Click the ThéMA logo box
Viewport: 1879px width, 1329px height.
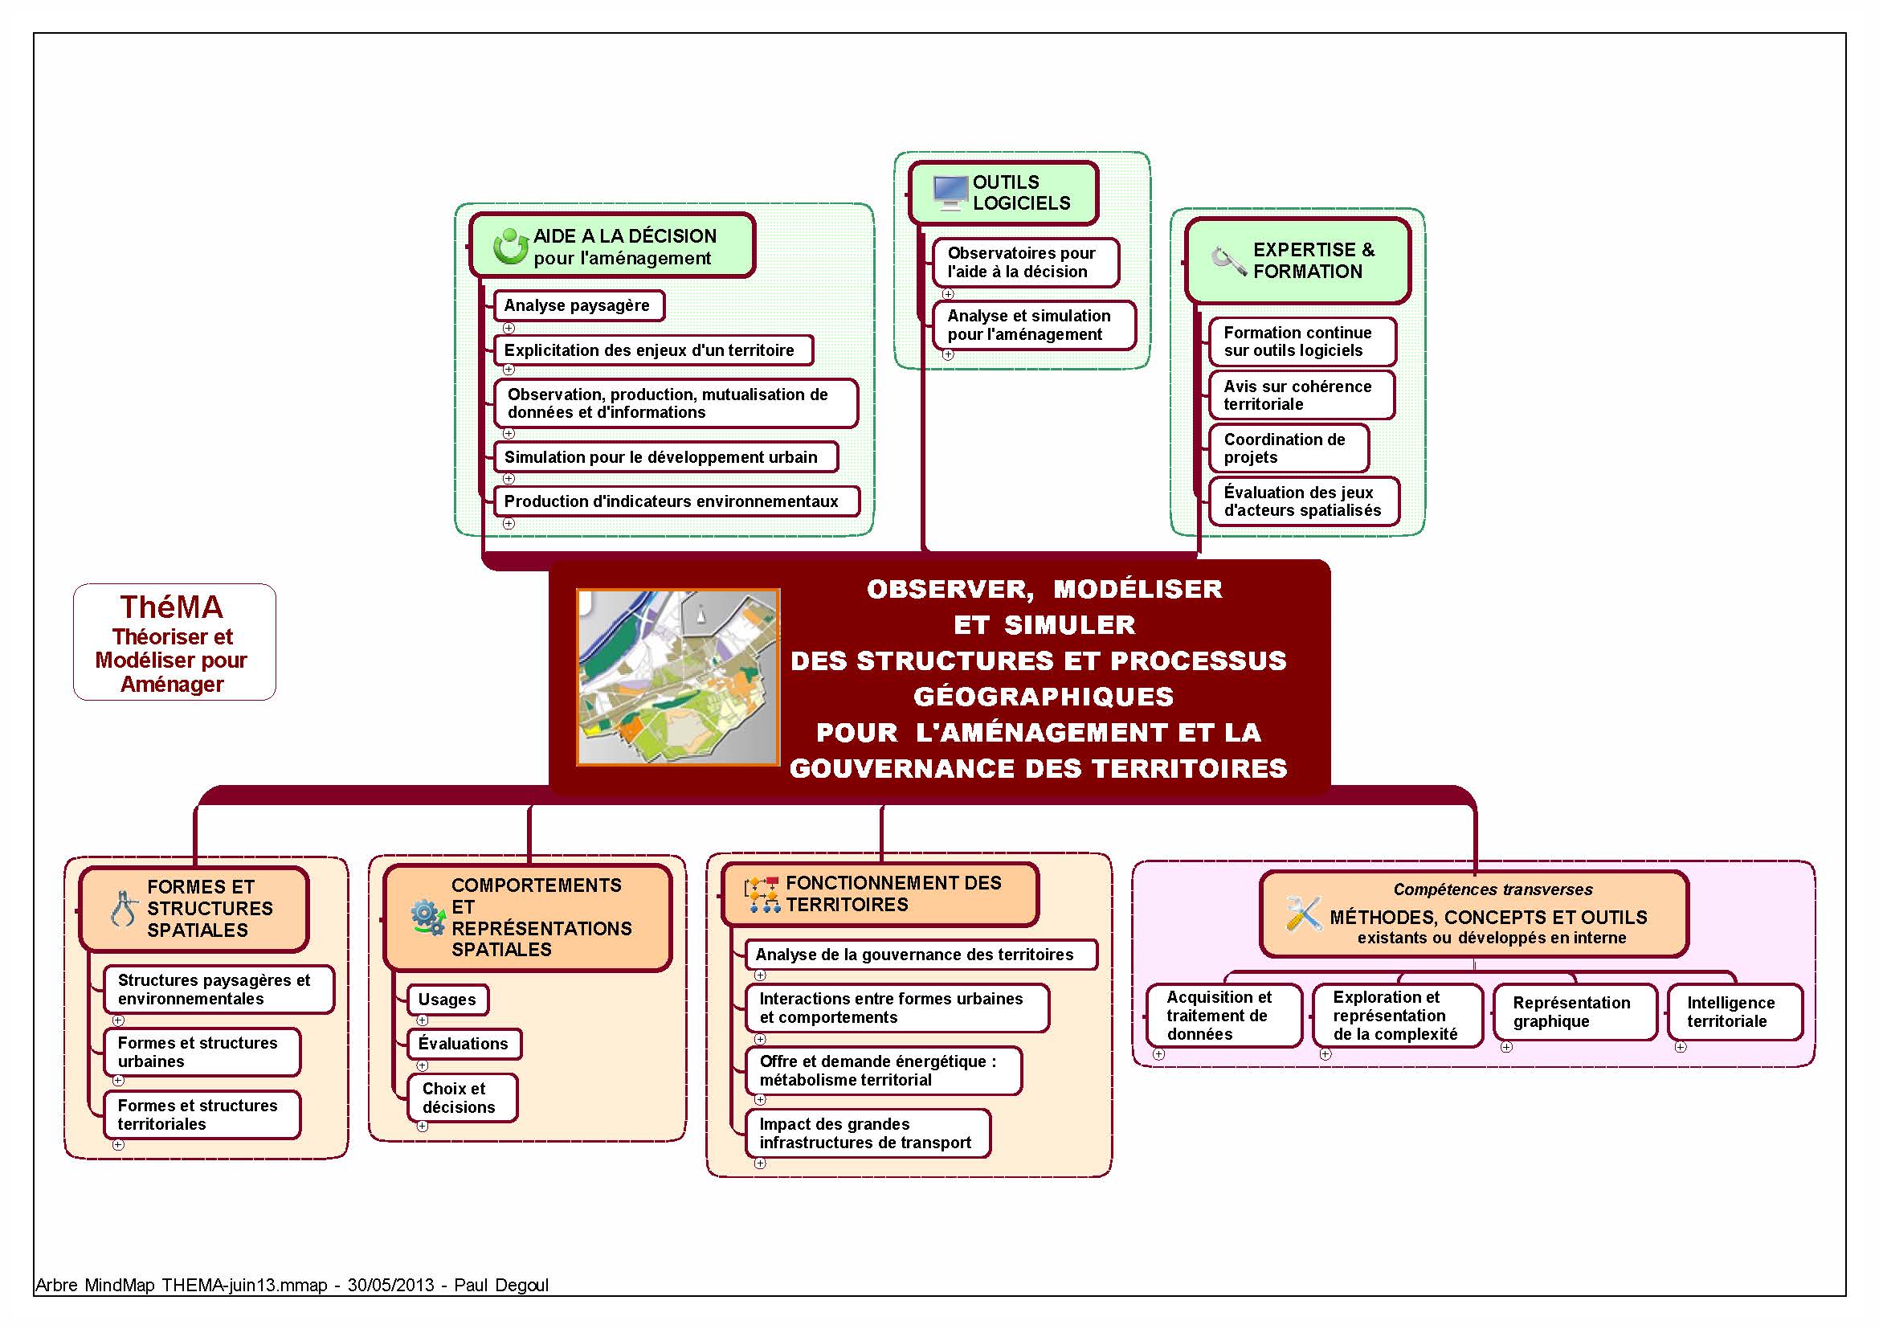click(174, 641)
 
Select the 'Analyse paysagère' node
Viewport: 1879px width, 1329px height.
click(578, 305)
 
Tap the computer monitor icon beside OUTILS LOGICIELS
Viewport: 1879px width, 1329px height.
click(950, 193)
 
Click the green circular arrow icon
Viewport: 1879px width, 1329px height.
click(511, 246)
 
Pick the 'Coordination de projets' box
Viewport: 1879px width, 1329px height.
click(1289, 448)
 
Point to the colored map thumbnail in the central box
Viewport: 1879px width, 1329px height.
click(678, 677)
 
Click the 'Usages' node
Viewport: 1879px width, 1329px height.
click(447, 1000)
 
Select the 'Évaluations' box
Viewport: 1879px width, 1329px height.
click(464, 1044)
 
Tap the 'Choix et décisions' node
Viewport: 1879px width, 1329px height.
click(463, 1098)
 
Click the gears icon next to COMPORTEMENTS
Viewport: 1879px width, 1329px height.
click(427, 918)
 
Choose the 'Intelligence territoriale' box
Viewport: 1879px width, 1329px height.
click(1735, 1012)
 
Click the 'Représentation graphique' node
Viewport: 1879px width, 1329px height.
click(1575, 1012)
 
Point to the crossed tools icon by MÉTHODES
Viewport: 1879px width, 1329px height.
click(1304, 914)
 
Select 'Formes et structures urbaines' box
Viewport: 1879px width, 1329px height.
click(202, 1052)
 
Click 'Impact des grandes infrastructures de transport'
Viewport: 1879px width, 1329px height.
click(868, 1134)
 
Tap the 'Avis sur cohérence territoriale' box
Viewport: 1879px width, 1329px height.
click(1302, 395)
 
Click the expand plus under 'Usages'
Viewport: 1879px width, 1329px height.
click(423, 1020)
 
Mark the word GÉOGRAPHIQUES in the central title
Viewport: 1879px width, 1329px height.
click(1044, 697)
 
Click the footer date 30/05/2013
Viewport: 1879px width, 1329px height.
click(390, 1285)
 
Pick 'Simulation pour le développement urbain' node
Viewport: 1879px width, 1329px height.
click(666, 456)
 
